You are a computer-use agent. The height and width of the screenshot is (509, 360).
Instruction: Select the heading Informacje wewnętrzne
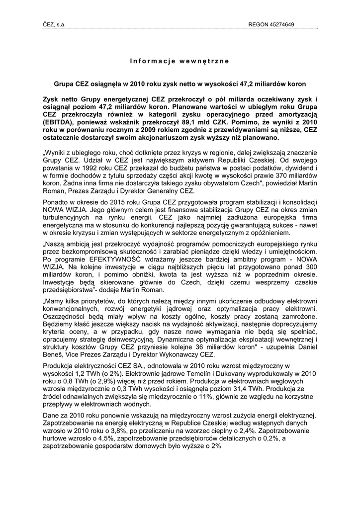pyautogui.click(x=180, y=61)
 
